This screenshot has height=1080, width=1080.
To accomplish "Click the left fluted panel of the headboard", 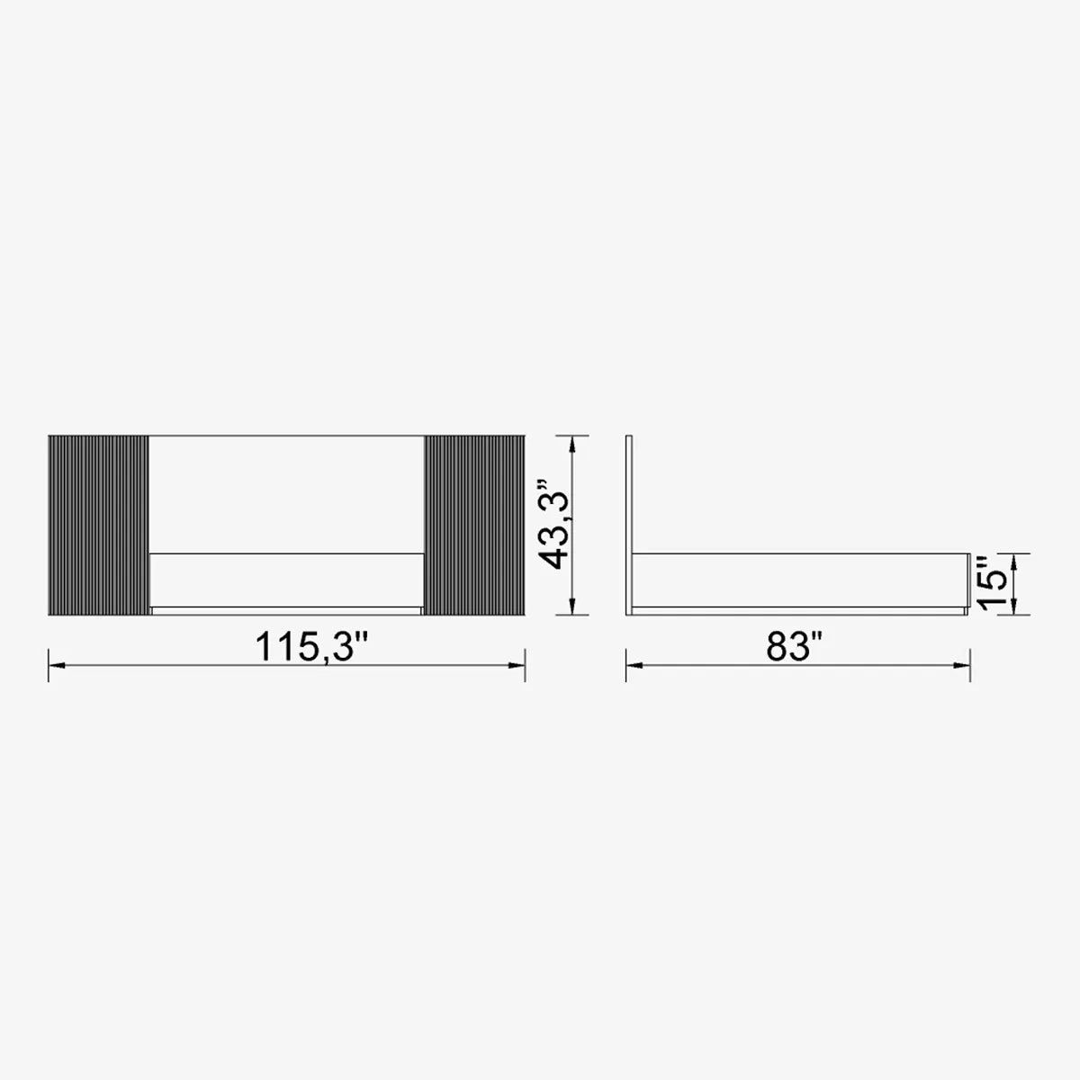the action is pos(99,525).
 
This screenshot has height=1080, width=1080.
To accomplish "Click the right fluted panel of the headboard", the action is pos(474,525).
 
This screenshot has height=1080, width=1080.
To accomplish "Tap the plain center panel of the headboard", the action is pos(286,494).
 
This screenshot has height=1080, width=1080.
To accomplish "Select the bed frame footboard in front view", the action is pos(286,580).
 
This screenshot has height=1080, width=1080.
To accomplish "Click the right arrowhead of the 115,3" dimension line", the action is pos(517,666).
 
